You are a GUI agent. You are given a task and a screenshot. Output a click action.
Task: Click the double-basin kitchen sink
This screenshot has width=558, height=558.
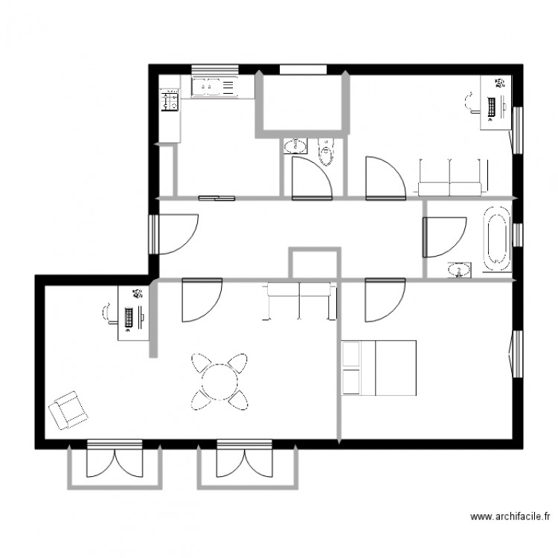tap(213, 87)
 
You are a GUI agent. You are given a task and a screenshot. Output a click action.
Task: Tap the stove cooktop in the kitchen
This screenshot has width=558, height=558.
tap(170, 100)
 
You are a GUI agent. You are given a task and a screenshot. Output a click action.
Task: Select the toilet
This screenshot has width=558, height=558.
tap(325, 152)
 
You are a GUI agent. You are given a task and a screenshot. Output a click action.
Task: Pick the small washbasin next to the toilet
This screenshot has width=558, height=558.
tap(297, 145)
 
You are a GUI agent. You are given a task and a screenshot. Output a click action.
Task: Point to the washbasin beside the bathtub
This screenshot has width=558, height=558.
tap(461, 269)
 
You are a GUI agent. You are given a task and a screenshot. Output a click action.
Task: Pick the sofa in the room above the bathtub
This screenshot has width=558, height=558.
tap(452, 177)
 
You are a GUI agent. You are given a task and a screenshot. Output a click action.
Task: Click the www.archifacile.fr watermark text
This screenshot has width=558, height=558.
tap(511, 516)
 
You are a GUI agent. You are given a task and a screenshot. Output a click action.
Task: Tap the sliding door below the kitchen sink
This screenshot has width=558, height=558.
tap(217, 198)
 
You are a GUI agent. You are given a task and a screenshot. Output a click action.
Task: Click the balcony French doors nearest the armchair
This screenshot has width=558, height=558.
tap(114, 460)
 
